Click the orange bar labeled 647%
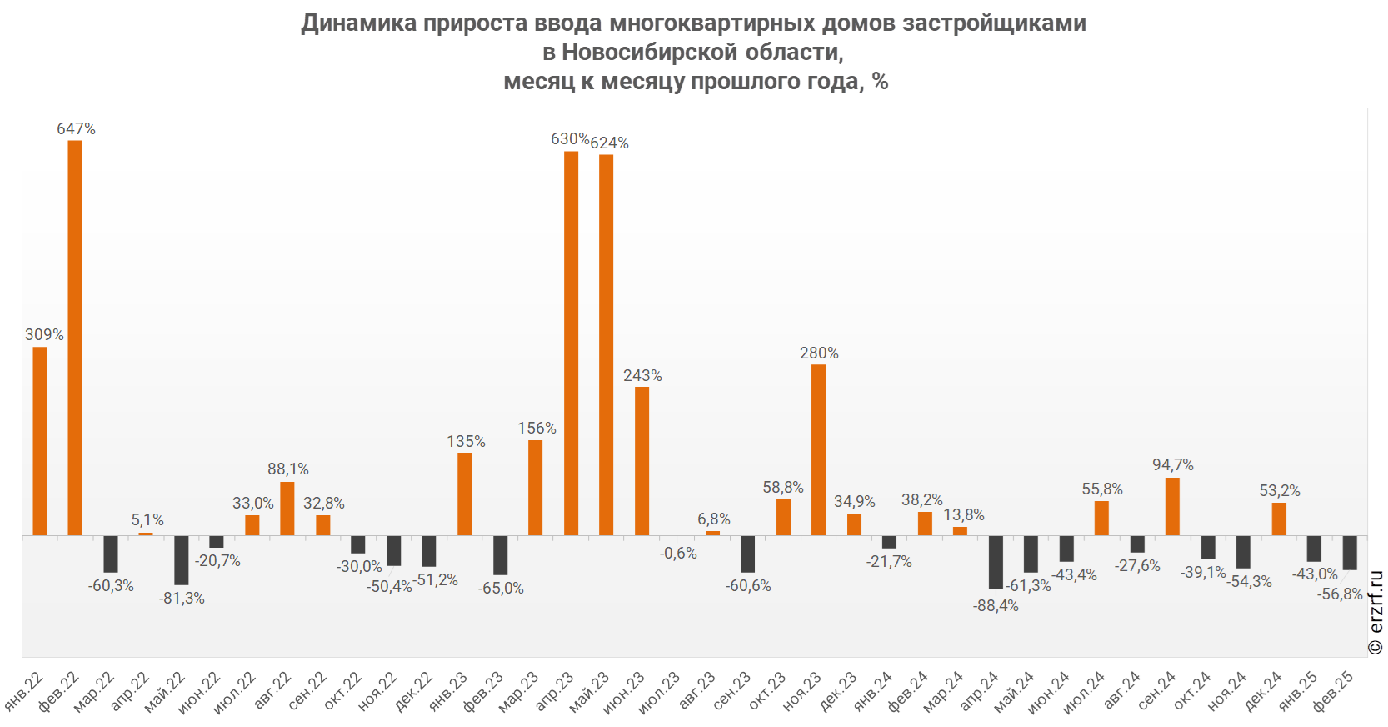75,338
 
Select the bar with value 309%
40,441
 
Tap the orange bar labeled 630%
571,343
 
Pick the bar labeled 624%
606,345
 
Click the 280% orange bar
818,450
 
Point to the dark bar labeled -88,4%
996,562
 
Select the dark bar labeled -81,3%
182,560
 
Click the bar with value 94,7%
1172,506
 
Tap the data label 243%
642,376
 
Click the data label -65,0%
501,589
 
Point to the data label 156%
537,429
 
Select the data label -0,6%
678,554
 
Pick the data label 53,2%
1279,491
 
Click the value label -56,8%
1340,594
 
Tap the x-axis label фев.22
59,690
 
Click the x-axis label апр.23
555,690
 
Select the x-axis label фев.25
1333,690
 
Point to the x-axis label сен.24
1156,690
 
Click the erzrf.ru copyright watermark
1376,613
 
